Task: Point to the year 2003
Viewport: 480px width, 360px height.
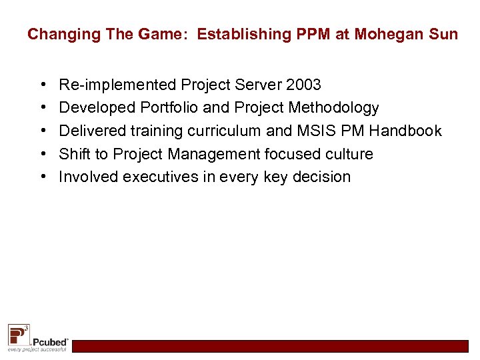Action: pos(303,85)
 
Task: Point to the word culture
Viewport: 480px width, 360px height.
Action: pos(349,154)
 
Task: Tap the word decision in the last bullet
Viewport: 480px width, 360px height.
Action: pos(319,177)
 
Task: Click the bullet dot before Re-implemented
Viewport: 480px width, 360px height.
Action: pos(43,85)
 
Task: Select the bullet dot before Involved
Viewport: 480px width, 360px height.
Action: pos(43,177)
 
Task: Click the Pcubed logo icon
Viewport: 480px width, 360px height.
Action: pos(18,333)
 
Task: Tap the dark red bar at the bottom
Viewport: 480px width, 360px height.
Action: pos(270,346)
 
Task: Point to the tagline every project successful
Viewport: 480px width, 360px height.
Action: pos(37,349)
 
